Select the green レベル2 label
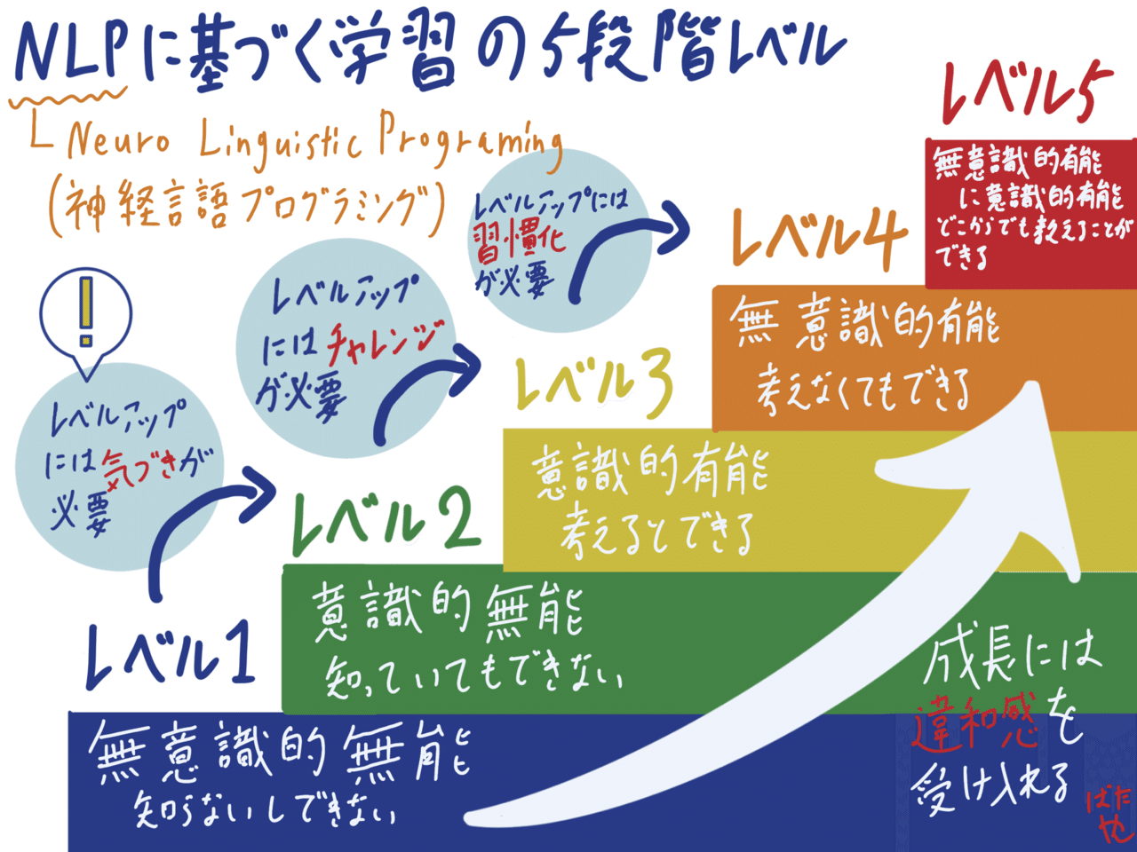(x=386, y=524)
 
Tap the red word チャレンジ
(x=385, y=342)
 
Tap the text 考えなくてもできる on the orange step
(x=862, y=391)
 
